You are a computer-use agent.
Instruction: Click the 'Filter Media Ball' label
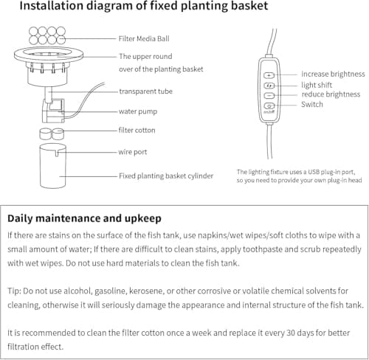144,38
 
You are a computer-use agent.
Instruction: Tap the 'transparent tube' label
145,91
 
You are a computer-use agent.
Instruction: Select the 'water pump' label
138,111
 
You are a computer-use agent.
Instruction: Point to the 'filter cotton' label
137,130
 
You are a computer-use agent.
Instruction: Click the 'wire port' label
133,152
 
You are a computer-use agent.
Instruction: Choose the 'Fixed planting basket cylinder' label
166,176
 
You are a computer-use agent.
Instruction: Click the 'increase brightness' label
333,74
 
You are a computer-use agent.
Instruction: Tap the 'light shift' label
317,85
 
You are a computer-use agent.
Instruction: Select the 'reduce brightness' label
331,94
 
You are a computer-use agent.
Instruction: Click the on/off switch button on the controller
269,106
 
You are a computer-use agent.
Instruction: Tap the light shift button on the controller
269,86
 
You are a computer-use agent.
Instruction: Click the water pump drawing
53,111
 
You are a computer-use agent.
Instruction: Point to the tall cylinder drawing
53,166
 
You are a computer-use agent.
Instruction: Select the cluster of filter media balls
47,35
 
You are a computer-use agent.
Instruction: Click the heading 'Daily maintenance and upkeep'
84,218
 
